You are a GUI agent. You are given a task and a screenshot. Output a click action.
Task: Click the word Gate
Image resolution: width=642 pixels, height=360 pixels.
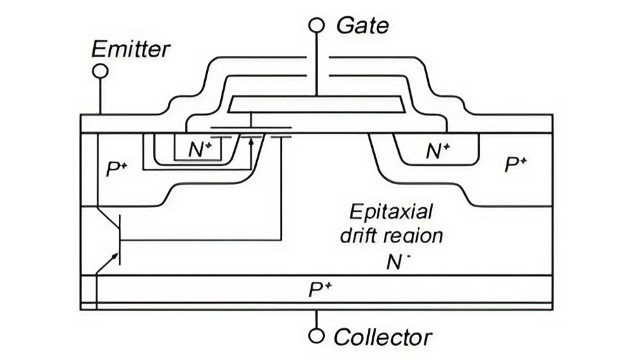click(x=363, y=26)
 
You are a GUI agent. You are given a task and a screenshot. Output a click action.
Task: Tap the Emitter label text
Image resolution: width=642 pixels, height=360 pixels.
click(x=131, y=49)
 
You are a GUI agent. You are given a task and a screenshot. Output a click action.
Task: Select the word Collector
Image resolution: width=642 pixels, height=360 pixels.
click(x=383, y=337)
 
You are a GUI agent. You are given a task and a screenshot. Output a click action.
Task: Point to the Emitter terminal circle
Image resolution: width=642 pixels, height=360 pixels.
click(x=100, y=71)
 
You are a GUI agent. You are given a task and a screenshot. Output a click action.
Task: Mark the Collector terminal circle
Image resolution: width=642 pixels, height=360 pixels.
click(x=316, y=336)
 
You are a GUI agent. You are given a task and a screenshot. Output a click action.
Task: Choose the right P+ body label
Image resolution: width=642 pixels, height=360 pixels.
click(x=516, y=165)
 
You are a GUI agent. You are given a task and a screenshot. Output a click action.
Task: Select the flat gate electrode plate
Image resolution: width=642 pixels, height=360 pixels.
click(x=315, y=103)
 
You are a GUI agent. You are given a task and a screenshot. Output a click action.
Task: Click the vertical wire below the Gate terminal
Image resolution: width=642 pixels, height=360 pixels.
click(x=316, y=64)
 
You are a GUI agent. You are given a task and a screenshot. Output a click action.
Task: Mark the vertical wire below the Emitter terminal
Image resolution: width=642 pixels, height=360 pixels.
click(x=100, y=96)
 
